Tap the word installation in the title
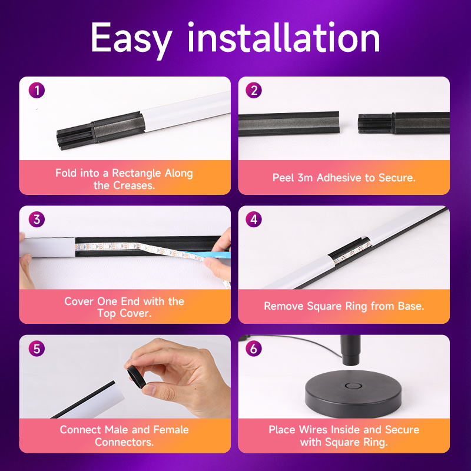click(x=284, y=37)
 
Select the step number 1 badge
click(x=37, y=91)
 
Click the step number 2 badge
click(x=254, y=91)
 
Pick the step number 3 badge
click(x=37, y=219)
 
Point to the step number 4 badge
click(x=254, y=219)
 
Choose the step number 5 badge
click(x=37, y=349)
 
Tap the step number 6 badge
click(x=254, y=349)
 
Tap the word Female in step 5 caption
click(x=171, y=430)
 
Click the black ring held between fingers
click(x=137, y=377)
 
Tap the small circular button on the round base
click(x=353, y=386)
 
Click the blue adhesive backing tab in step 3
click(x=207, y=255)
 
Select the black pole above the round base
click(x=350, y=350)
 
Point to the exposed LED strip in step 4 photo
click(x=352, y=253)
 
